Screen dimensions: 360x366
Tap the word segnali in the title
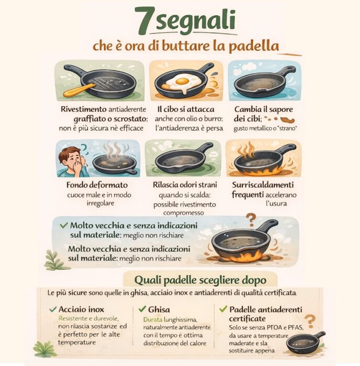(x=196, y=22)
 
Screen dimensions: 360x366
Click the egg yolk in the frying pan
(x=182, y=81)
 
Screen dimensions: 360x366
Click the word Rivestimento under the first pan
(x=83, y=109)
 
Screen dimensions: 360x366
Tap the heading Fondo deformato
(x=97, y=185)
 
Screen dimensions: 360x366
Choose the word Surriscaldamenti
(x=263, y=185)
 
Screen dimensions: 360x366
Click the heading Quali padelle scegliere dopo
(x=200, y=280)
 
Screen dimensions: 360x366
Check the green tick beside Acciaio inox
(x=53, y=310)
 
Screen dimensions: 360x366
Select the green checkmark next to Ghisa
(x=142, y=309)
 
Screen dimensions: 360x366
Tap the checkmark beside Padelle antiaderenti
(x=223, y=309)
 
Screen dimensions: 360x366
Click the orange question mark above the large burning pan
(x=251, y=220)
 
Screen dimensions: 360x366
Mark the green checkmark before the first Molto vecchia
(x=63, y=225)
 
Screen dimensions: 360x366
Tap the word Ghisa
(x=159, y=310)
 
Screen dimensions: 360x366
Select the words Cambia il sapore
(x=264, y=109)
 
